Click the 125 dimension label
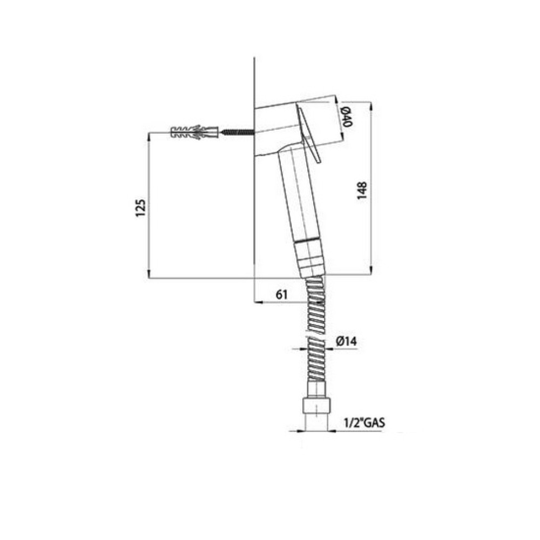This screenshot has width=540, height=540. [x=140, y=207]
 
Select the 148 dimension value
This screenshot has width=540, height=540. [x=362, y=191]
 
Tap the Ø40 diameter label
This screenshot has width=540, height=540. [x=347, y=117]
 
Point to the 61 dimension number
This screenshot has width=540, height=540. [x=281, y=295]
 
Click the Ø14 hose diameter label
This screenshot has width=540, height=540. [x=346, y=341]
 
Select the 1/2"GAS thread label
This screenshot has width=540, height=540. [x=364, y=423]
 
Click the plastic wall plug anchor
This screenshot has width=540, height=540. [x=194, y=132]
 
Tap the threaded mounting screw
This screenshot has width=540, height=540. [x=237, y=132]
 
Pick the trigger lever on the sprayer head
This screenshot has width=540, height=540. [x=308, y=134]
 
